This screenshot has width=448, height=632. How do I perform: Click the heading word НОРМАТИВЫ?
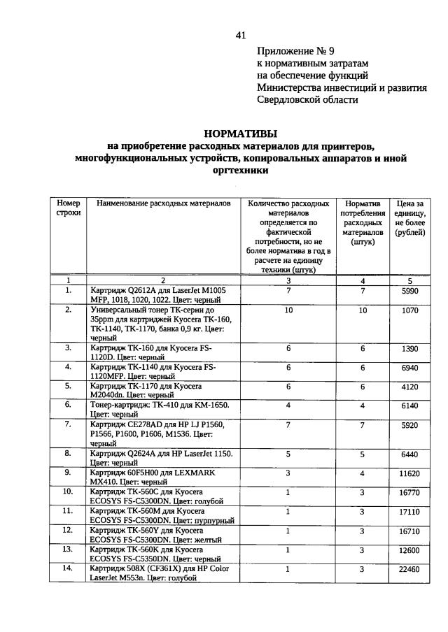pos(241,133)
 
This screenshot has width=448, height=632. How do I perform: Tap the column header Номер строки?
pos(69,208)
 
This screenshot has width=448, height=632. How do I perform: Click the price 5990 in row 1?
pos(410,291)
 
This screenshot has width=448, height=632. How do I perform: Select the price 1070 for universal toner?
pos(410,310)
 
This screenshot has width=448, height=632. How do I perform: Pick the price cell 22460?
pos(410,569)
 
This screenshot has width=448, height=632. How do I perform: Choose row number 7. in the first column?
pos(69,424)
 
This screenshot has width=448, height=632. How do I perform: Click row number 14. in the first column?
pos(69,569)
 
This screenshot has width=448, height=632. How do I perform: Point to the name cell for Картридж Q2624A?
pos(161,458)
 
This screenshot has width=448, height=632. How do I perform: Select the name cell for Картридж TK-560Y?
pos(161,535)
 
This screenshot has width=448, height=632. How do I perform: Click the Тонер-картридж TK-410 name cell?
pos(161,408)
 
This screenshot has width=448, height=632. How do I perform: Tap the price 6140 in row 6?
pos(410,405)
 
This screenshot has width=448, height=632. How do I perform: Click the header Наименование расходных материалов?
pos(163,203)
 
